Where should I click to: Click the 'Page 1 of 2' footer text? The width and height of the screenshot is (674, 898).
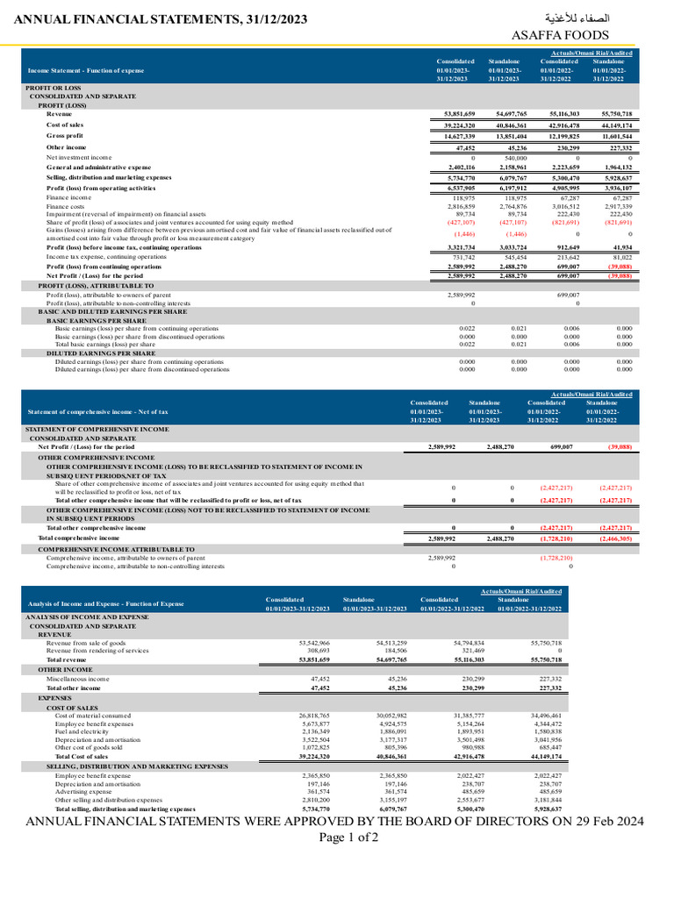[x=336, y=837]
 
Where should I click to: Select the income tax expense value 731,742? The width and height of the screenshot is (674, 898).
[x=460, y=257]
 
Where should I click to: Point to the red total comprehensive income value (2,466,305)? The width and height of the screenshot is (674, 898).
[x=614, y=538]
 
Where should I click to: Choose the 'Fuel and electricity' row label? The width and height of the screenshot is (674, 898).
[x=83, y=731]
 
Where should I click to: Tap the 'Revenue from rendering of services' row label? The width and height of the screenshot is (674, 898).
[x=97, y=651]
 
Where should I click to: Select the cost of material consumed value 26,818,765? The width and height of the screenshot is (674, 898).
[x=312, y=716]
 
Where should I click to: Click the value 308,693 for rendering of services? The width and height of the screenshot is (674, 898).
[x=315, y=651]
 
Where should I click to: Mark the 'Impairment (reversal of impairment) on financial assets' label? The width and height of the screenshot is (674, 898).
[x=126, y=213]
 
